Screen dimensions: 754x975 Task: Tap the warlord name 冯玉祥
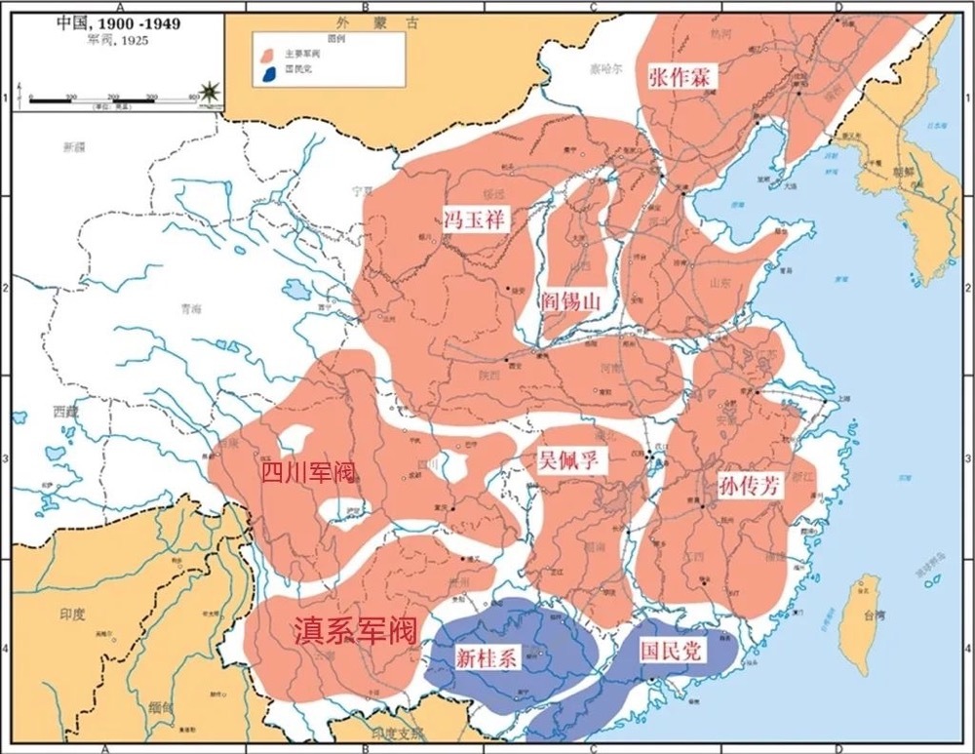click(x=477, y=218)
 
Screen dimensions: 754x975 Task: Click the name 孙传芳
click(x=749, y=488)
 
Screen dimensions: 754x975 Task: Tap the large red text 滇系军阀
click(x=355, y=630)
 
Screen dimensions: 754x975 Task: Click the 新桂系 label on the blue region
click(x=485, y=658)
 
